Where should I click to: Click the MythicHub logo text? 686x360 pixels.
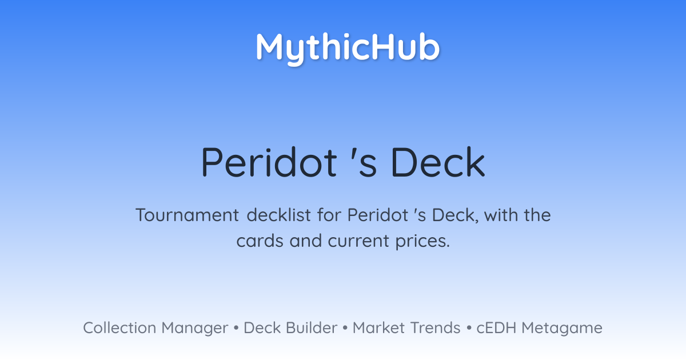pyautogui.click(x=348, y=49)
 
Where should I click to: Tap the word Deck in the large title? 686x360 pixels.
pyautogui.click(x=438, y=162)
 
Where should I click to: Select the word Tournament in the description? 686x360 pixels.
pyautogui.click(x=187, y=215)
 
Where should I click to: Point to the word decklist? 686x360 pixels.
pyautogui.click(x=279, y=215)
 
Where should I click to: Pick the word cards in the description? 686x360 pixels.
pyautogui.click(x=260, y=241)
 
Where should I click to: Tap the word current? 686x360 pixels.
pyautogui.click(x=358, y=241)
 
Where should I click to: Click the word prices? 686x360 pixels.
pyautogui.click(x=422, y=242)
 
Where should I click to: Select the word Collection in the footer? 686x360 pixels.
pyautogui.click(x=119, y=328)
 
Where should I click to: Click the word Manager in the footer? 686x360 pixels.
pyautogui.click(x=195, y=329)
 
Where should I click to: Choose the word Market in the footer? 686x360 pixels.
pyautogui.click(x=379, y=328)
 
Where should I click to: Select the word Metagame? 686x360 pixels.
pyautogui.click(x=562, y=329)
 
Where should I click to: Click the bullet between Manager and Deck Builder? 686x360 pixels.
pyautogui.click(x=236, y=328)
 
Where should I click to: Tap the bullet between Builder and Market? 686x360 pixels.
pyautogui.click(x=345, y=328)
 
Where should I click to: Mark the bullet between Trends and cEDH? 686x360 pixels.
pyautogui.click(x=469, y=328)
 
